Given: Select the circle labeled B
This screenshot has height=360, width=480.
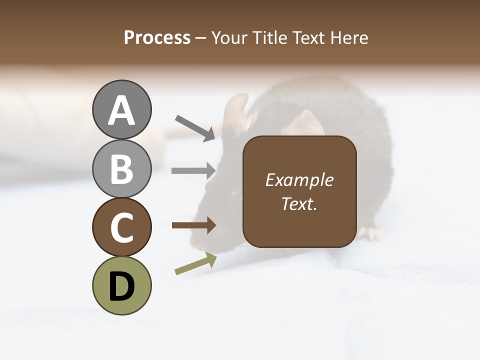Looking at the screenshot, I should (121, 168).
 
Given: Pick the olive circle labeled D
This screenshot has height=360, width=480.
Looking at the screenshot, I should (121, 285).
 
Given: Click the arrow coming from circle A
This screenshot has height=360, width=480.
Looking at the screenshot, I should (195, 127).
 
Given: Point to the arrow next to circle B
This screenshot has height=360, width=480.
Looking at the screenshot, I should (194, 170).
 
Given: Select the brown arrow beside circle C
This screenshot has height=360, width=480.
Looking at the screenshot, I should (194, 225).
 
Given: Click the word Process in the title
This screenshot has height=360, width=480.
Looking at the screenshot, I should (157, 38).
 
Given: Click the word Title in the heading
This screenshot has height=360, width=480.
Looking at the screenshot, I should (264, 38).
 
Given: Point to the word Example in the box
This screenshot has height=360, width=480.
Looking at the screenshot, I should (299, 180).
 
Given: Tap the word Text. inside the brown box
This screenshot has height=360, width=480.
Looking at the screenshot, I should (299, 203).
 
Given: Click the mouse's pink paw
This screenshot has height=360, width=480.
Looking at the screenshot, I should (370, 233).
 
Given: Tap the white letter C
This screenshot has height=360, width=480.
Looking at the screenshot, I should (121, 227).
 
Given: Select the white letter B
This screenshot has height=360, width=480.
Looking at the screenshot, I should (121, 169).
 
